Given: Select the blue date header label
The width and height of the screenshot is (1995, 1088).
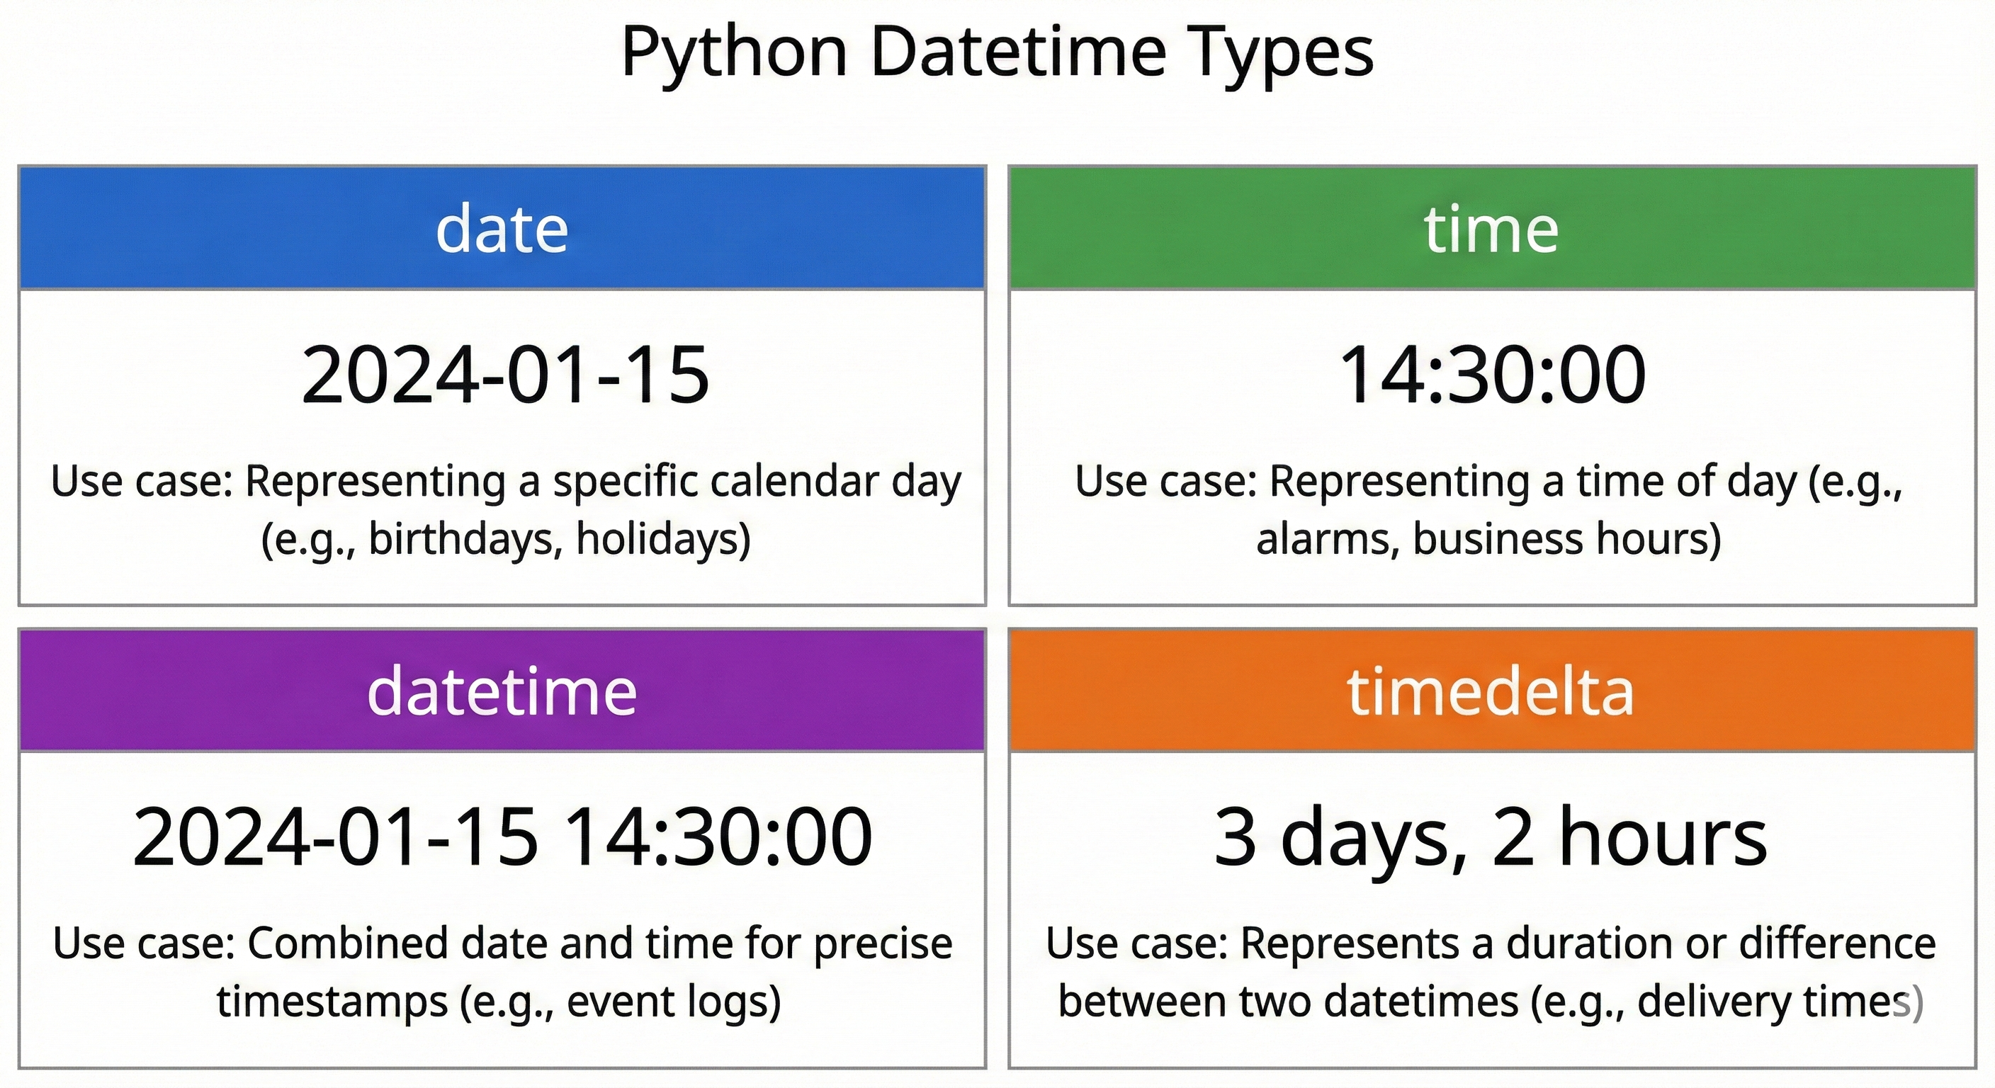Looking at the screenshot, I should [x=502, y=229].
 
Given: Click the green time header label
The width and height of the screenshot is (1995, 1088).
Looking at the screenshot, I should [x=1491, y=229].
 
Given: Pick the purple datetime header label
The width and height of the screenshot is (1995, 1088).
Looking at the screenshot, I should [x=502, y=691].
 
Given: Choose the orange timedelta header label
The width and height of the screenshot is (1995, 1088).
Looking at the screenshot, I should [x=1491, y=691].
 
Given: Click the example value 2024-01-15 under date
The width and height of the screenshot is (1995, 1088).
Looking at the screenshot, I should [x=505, y=375].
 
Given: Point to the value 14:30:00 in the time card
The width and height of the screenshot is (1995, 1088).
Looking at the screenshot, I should [x=1491, y=375].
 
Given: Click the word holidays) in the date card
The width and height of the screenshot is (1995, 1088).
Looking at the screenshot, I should [x=663, y=539].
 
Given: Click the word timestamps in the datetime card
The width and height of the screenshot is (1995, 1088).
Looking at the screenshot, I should [x=332, y=1002].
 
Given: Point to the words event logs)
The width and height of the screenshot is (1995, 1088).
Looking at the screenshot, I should [x=673, y=1002].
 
